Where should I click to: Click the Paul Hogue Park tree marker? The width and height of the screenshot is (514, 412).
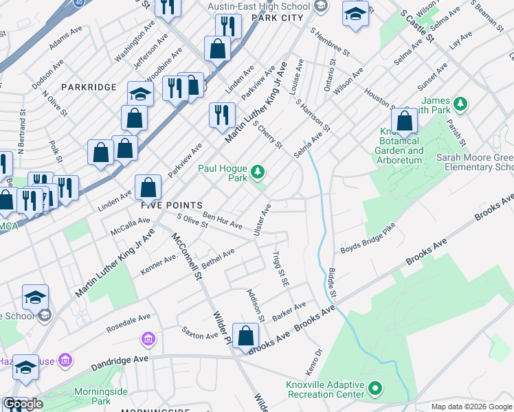point(258,170)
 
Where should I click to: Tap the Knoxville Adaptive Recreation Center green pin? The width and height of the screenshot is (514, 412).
point(375,389)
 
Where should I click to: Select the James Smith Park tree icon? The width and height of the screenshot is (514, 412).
point(460,104)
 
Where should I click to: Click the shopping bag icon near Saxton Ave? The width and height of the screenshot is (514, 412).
point(245,336)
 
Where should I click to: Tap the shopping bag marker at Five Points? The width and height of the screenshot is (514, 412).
point(148,187)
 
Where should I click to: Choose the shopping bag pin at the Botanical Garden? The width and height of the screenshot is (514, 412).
point(405,122)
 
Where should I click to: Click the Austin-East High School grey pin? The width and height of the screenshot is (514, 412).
point(320,6)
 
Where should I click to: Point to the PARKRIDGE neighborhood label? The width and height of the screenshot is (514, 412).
point(89,87)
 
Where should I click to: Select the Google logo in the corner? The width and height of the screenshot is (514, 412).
point(23,404)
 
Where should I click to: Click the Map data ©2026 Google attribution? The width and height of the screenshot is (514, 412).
point(471,407)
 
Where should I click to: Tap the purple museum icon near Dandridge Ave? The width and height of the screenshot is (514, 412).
point(148,339)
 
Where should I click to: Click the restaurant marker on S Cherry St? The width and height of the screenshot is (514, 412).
point(221,115)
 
